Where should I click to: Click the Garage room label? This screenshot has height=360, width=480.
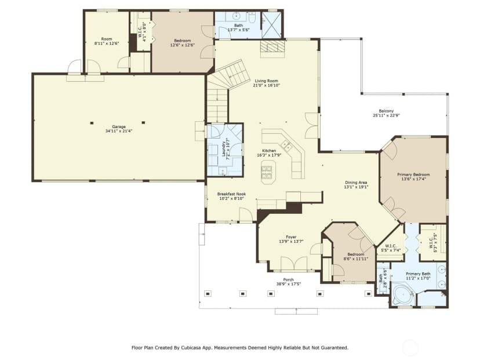pyautogui.click(x=118, y=126)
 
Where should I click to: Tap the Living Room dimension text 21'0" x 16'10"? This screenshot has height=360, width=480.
pyautogui.click(x=266, y=85)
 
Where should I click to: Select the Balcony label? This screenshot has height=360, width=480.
pyautogui.click(x=386, y=111)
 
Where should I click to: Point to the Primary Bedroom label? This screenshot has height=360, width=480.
pyautogui.click(x=413, y=174)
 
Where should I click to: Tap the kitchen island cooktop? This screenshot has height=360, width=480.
pyautogui.click(x=267, y=172)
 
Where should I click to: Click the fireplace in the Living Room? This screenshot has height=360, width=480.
pyautogui.click(x=272, y=48)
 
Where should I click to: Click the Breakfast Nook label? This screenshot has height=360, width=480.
pyautogui.click(x=231, y=194)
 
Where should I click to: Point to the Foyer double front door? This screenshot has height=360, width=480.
pyautogui.click(x=294, y=264)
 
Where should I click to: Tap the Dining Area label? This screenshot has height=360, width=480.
pyautogui.click(x=356, y=183)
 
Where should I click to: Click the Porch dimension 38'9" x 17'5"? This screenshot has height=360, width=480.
pyautogui.click(x=288, y=284)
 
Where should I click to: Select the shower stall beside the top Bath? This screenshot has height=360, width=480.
pyautogui.click(x=271, y=25)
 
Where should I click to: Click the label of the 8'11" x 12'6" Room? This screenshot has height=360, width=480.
pyautogui.click(x=107, y=39)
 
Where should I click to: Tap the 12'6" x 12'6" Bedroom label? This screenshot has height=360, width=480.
pyautogui.click(x=183, y=41)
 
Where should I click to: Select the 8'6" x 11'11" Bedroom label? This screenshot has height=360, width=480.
pyautogui.click(x=356, y=254)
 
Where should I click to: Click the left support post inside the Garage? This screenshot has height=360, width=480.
pyautogui.click(x=92, y=123)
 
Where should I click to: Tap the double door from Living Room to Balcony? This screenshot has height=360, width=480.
pyautogui.click(x=312, y=126)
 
